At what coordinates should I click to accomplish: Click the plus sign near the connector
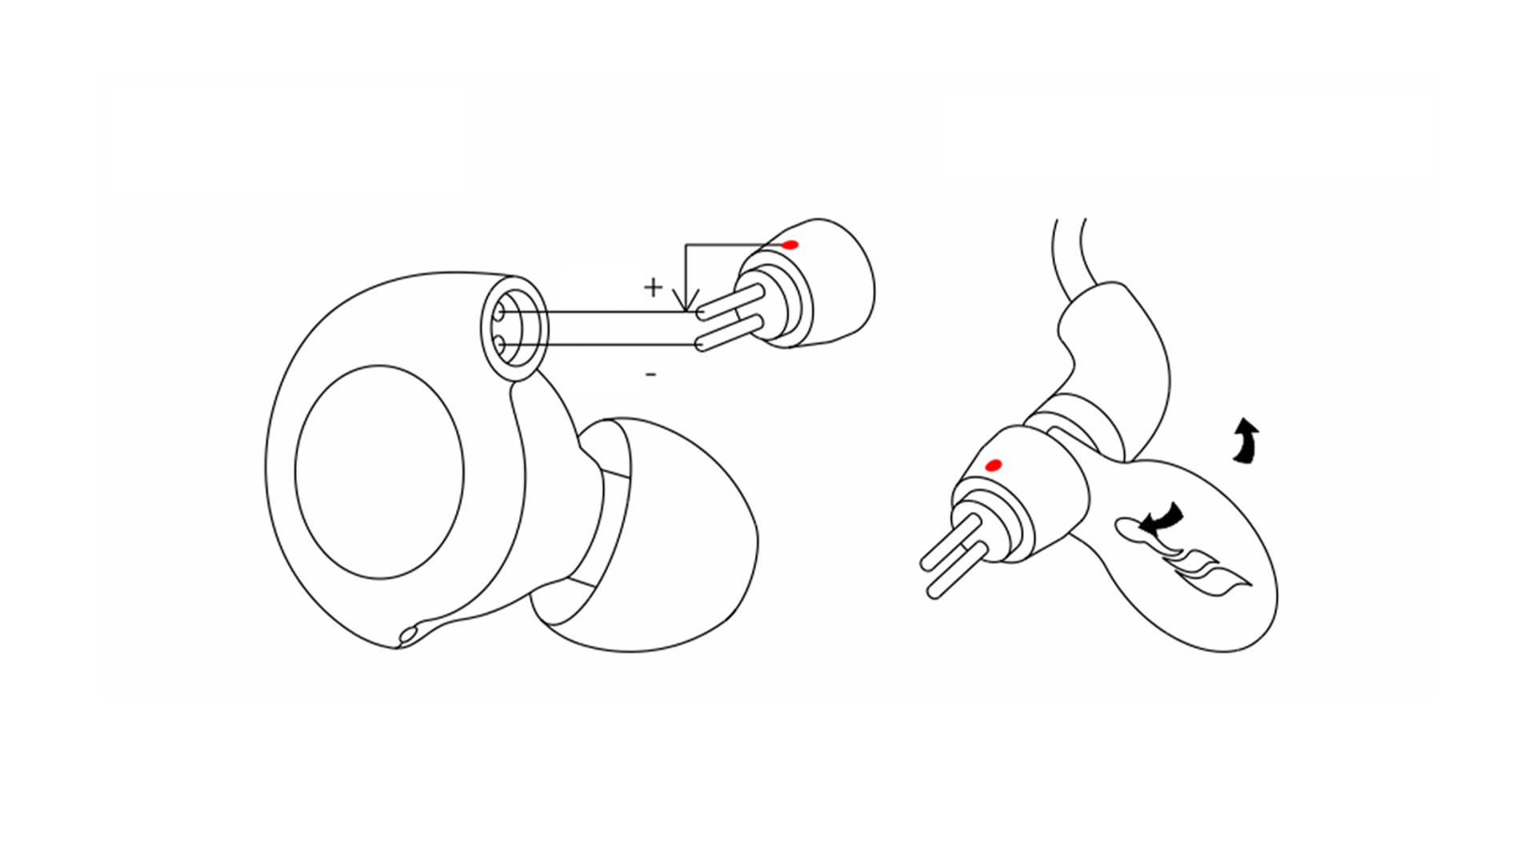pyautogui.click(x=654, y=286)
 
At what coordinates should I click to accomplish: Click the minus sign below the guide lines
pyautogui.click(x=651, y=374)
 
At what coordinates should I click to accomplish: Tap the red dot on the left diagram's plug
pyautogui.click(x=790, y=245)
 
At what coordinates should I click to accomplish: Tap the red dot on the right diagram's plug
pyautogui.click(x=994, y=465)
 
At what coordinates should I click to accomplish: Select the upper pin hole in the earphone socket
pyautogui.click(x=502, y=310)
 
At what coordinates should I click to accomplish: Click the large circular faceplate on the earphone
pyautogui.click(x=379, y=472)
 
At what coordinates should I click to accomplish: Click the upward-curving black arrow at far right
pyautogui.click(x=1246, y=441)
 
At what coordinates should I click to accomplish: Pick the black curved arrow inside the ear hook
pyautogui.click(x=1160, y=518)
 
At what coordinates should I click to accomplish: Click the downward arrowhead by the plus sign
pyautogui.click(x=686, y=300)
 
